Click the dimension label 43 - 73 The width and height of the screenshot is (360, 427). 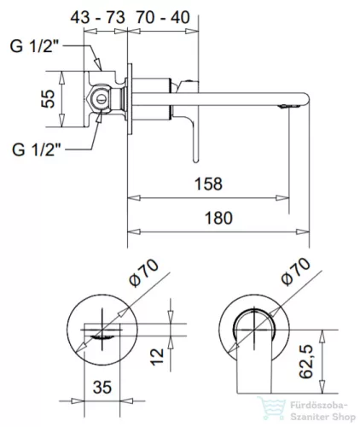tap(97, 17)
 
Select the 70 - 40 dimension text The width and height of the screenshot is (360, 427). tap(163, 17)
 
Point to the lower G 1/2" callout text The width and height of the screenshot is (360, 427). tap(37, 149)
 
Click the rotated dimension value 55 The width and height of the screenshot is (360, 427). tap(49, 99)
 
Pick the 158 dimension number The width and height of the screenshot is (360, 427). tap(208, 184)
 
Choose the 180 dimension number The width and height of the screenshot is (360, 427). tap(218, 218)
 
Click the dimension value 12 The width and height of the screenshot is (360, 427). tap(158, 357)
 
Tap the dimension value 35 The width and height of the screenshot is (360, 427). tap(102, 387)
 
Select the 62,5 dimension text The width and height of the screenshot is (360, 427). tap(306, 361)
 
